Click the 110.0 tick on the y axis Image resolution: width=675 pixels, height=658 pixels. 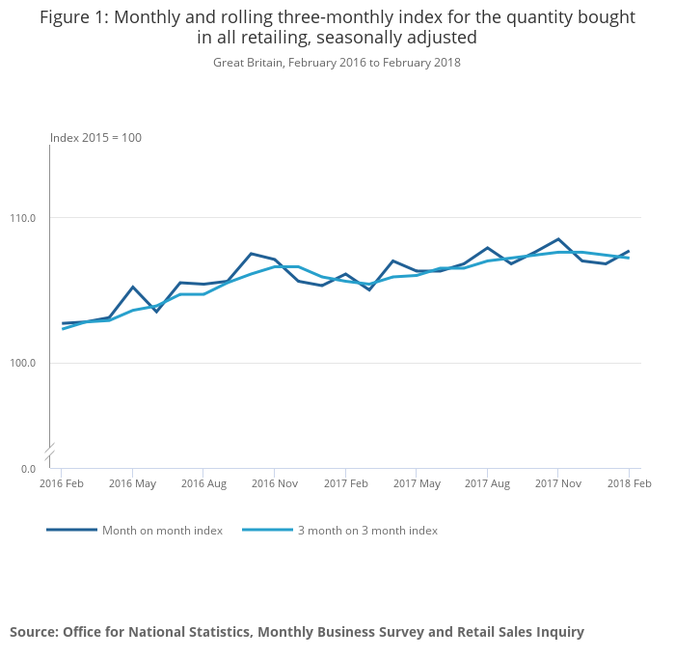(23, 218)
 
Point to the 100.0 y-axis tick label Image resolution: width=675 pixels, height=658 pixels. (23, 363)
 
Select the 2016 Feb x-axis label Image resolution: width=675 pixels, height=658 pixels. (62, 483)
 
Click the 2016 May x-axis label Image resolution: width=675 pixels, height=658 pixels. (132, 483)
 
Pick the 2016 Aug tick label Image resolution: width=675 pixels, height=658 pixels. (203, 483)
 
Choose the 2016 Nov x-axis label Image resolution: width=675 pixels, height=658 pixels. (274, 483)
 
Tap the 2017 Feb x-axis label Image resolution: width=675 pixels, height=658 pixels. (345, 483)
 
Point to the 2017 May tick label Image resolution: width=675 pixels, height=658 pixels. (417, 483)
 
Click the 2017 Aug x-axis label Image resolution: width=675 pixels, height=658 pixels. (487, 483)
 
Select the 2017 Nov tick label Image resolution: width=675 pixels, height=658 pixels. (558, 483)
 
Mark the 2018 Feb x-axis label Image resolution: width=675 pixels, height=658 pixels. (629, 483)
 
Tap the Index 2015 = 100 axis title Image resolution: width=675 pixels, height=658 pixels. (95, 138)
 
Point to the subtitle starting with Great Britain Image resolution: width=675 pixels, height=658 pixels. (337, 63)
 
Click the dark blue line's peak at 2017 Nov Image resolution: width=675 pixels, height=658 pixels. (558, 239)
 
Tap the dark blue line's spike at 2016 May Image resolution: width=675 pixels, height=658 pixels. (133, 287)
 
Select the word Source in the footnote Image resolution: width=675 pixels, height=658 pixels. (34, 632)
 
